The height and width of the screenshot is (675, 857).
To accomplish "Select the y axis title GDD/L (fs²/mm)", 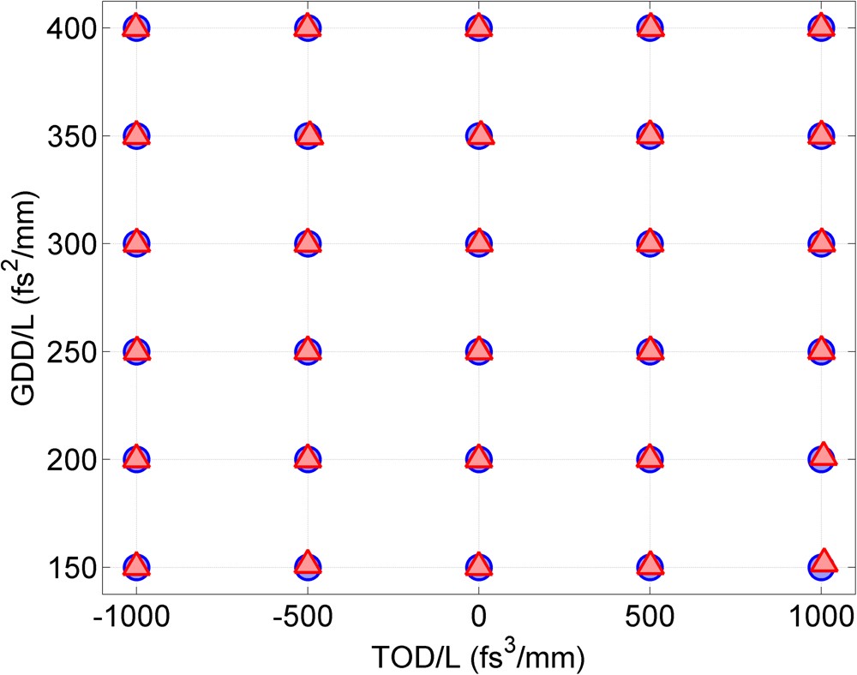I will coord(24,297).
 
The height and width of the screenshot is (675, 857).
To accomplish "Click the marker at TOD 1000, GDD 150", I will coord(822,564).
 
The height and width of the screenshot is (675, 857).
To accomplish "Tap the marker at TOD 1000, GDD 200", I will coord(822,456).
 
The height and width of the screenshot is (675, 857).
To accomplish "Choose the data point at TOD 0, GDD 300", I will coord(478,243).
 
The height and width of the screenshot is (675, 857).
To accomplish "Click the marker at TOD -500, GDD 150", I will coord(308,564).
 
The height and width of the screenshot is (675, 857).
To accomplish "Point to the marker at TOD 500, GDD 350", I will coord(650,135).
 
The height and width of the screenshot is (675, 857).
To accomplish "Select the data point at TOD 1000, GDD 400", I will coord(821,27).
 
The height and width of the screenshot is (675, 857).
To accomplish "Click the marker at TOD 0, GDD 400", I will coord(478,28).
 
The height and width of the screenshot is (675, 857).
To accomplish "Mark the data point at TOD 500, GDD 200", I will coord(650,458).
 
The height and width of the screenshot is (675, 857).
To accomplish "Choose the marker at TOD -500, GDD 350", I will coord(308,135).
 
